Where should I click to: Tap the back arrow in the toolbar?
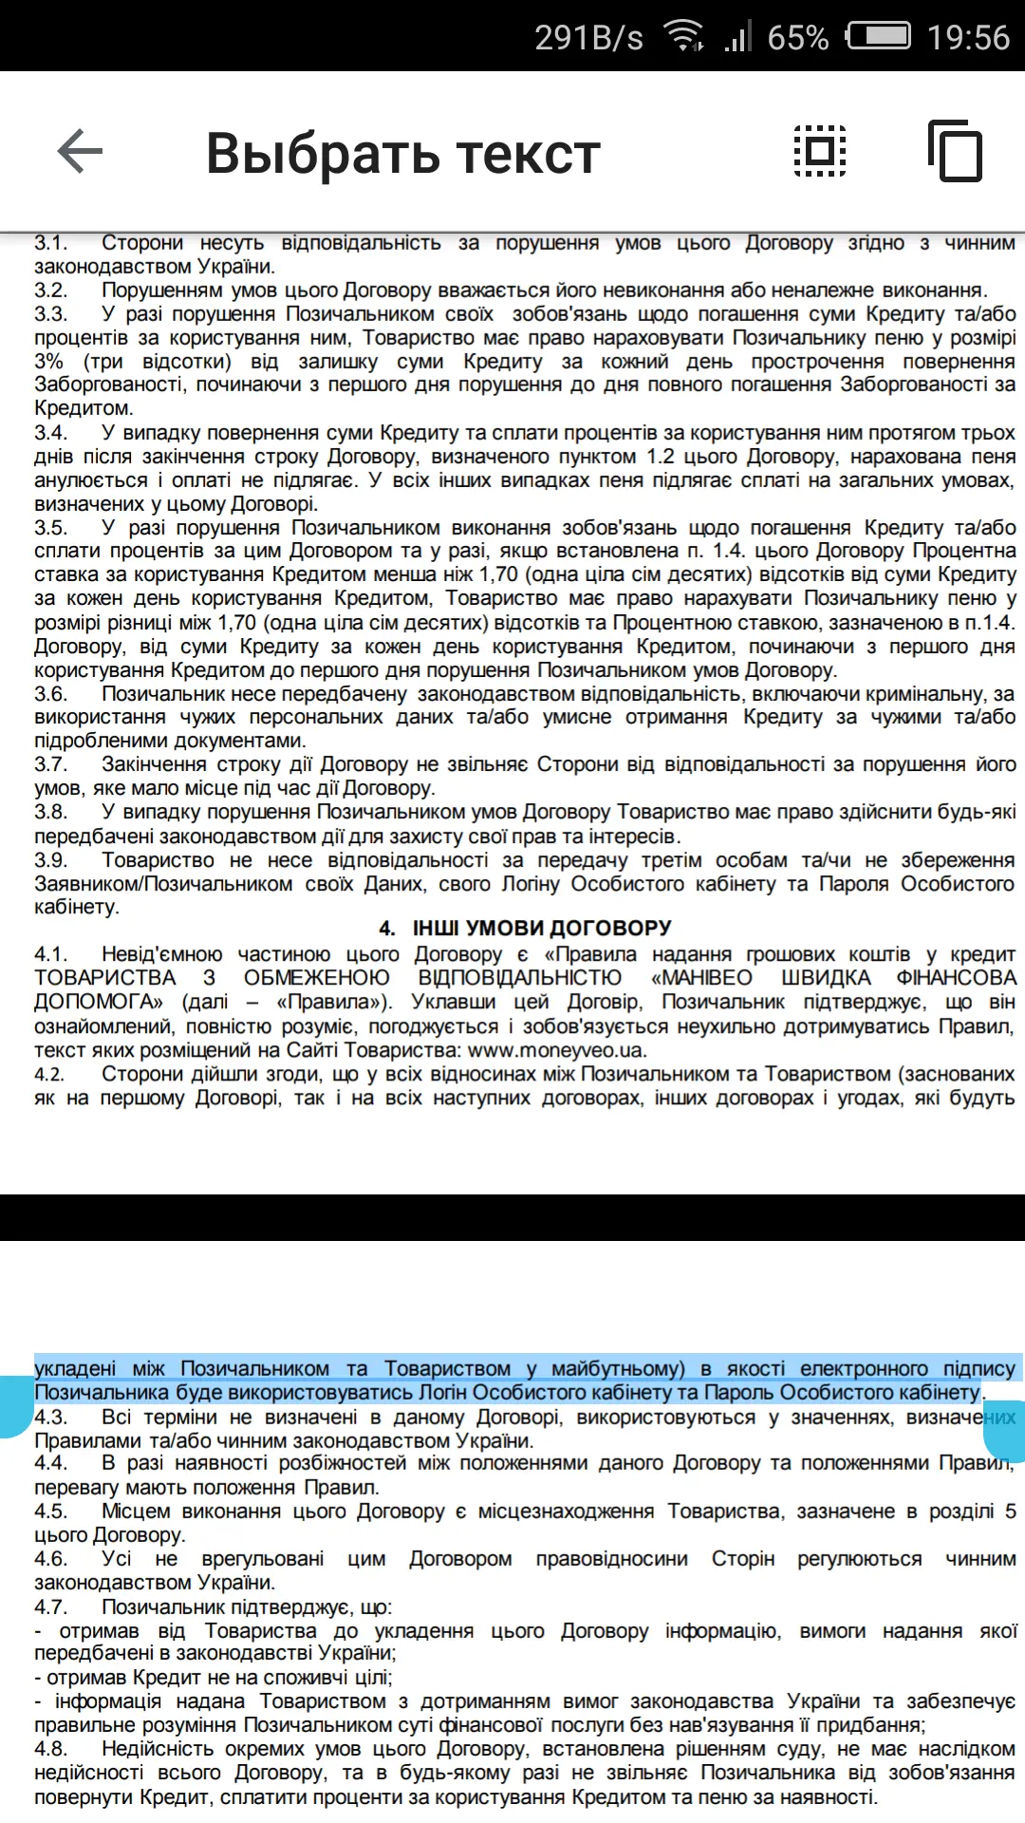80,152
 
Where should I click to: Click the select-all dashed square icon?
820,151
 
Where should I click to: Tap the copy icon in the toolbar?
956,151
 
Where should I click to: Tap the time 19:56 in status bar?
968,37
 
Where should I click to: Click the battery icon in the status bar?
878,36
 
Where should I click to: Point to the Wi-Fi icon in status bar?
683,36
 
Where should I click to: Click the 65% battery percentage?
797,37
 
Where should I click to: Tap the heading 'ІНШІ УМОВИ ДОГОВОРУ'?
542,928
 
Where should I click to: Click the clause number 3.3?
51,314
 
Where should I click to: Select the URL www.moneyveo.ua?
557,1050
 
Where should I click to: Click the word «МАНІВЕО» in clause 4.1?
701,978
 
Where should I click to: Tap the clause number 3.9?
51,860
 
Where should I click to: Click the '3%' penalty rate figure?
49,362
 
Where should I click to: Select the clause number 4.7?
51,1607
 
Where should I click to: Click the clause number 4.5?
51,1511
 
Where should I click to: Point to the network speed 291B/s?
588,37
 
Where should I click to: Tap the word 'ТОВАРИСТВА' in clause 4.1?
105,978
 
